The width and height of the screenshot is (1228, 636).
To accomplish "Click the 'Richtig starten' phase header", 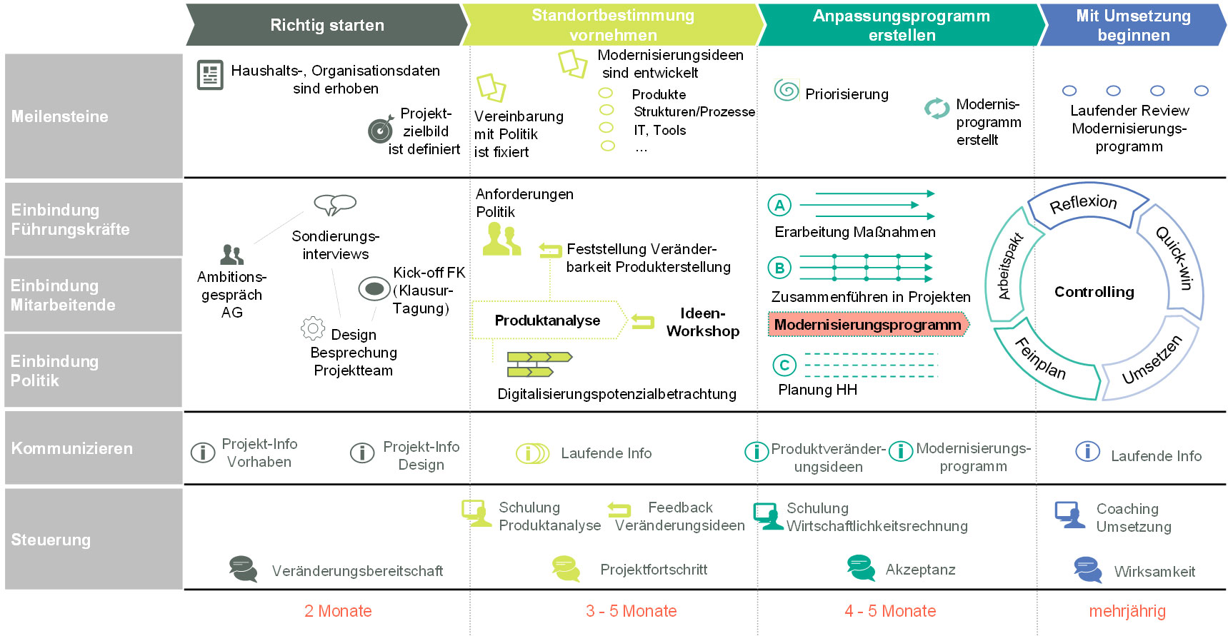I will point(326,25).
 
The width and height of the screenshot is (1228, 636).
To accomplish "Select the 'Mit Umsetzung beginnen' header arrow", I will point(1133,25).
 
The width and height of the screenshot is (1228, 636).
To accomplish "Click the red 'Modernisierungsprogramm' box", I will point(867,325).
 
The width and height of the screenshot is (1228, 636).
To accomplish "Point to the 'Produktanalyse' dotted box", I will point(547,320).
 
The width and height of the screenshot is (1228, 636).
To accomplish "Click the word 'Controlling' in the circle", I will point(1094,292).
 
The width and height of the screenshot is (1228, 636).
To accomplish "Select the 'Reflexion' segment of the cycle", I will point(1083,203).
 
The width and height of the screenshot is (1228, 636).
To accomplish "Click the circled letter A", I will point(779,206).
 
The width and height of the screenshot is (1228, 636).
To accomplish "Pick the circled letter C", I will point(784,365).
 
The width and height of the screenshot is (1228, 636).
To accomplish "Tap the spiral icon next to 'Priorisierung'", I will point(787,91).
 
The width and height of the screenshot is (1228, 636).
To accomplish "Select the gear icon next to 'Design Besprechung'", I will point(313,328).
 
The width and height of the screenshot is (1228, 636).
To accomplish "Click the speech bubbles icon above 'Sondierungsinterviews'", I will point(334,204).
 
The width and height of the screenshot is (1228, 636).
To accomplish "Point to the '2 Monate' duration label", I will point(338,611).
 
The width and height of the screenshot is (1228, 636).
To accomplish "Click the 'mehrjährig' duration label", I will point(1127,611).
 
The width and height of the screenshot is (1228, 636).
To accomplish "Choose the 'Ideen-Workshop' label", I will point(702,322).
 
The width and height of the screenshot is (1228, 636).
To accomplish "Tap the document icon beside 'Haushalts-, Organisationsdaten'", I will point(210,75).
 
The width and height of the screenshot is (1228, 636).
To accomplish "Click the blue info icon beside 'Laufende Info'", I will point(1087,451).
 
